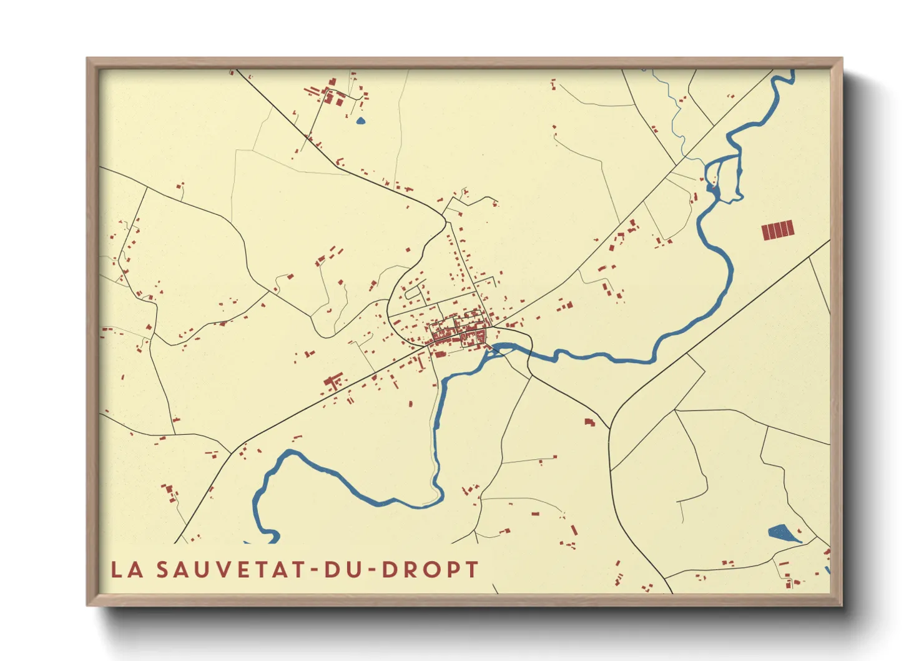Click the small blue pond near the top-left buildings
360,121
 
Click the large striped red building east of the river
778,230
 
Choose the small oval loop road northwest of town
414,291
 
